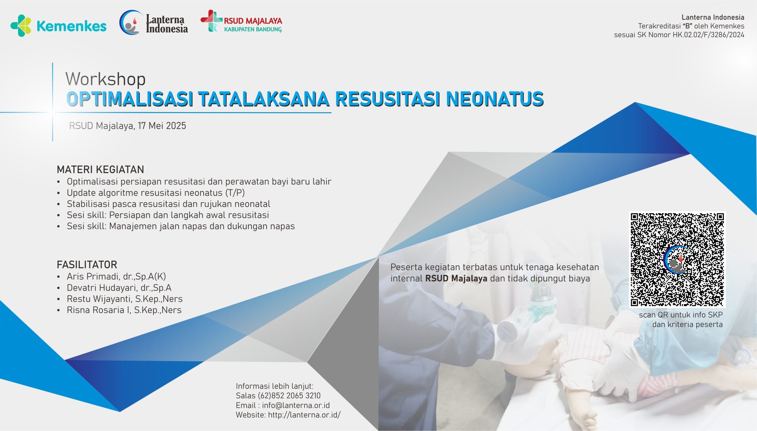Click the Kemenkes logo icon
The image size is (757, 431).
click(x=21, y=26)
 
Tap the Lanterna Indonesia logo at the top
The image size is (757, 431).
click(x=154, y=22)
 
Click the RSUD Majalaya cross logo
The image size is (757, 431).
click(x=211, y=21)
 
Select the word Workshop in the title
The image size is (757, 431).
click(x=105, y=79)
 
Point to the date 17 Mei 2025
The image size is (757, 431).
click(x=162, y=126)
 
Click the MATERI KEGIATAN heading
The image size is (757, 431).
click(x=100, y=170)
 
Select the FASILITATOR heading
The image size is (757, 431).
click(x=87, y=264)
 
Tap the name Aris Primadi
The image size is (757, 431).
click(x=93, y=276)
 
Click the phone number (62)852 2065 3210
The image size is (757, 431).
click(x=289, y=396)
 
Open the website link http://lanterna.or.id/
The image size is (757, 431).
click(x=304, y=415)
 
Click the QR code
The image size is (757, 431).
click(x=677, y=260)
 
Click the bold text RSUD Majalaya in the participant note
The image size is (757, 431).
click(x=456, y=278)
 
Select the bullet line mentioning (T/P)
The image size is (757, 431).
click(x=156, y=193)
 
